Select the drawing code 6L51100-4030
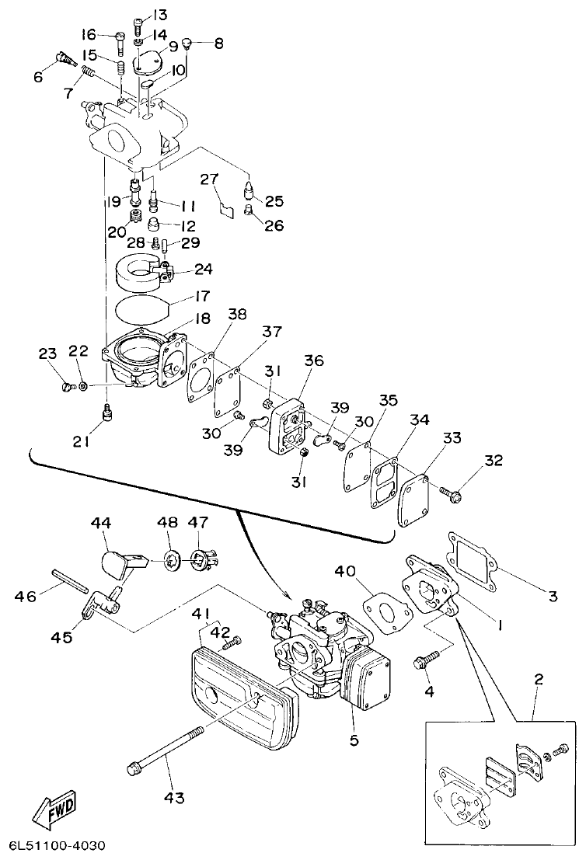pyautogui.click(x=57, y=845)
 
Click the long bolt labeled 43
pyautogui.click(x=163, y=750)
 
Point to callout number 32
pyautogui.click(x=494, y=460)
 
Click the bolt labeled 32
pyautogui.click(x=451, y=491)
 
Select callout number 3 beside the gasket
pyautogui.click(x=553, y=597)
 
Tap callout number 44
pyautogui.click(x=102, y=524)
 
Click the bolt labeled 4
pyautogui.click(x=422, y=662)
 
